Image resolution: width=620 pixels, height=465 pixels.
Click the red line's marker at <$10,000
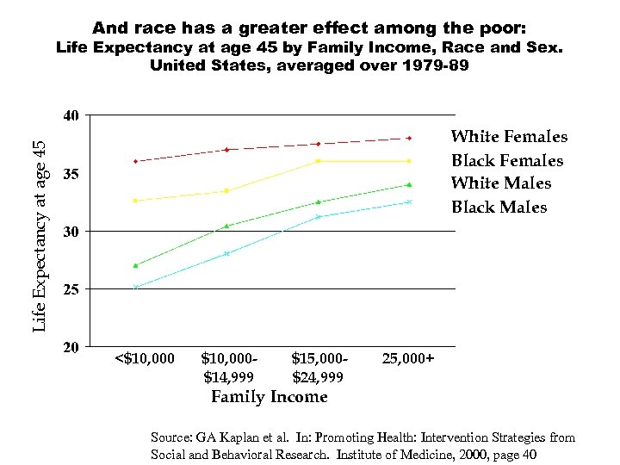tap(136, 161)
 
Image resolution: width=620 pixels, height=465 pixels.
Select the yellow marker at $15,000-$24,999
tap(318, 161)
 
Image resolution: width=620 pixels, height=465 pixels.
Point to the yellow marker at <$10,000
tap(136, 201)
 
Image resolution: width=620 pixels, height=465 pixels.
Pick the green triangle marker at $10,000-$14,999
tap(226, 226)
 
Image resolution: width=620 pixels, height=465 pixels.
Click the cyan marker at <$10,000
tap(136, 287)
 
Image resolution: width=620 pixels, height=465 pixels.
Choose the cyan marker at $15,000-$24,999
tap(318, 216)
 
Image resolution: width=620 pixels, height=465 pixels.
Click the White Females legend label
tap(509, 137)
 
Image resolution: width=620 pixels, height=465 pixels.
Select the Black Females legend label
tap(507, 161)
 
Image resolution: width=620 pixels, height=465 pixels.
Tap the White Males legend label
tap(501, 183)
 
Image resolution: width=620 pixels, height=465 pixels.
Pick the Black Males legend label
tap(499, 208)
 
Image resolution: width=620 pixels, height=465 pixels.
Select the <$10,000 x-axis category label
tap(144, 358)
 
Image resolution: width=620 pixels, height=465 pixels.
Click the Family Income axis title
tap(270, 397)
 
